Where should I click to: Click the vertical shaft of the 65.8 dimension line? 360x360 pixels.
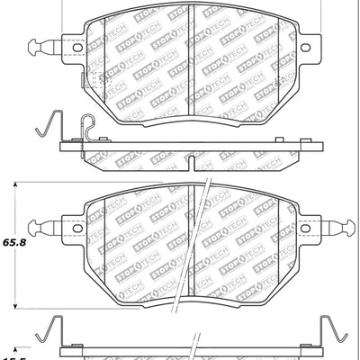coord(16,270)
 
